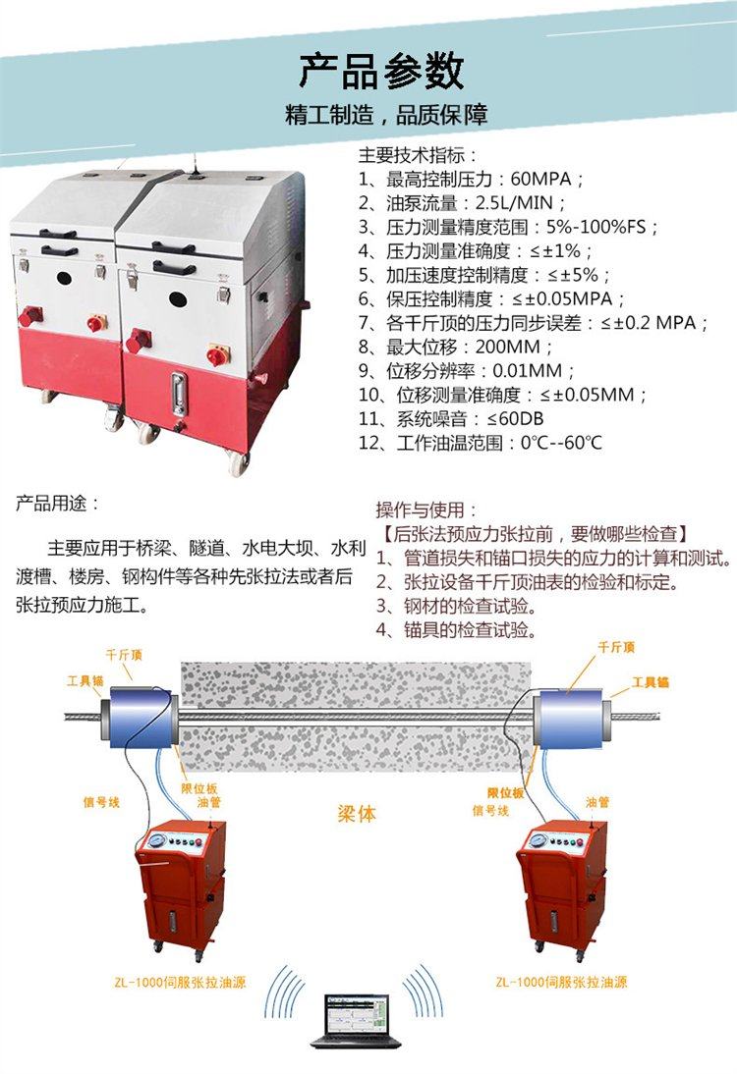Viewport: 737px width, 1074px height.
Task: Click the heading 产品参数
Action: click(x=381, y=72)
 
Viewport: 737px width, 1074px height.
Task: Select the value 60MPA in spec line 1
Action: click(x=540, y=180)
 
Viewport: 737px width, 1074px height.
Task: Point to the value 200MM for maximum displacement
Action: click(x=508, y=348)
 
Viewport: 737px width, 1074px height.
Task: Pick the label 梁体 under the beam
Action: click(x=357, y=814)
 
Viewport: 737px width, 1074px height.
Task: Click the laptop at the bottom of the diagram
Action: click(x=356, y=1021)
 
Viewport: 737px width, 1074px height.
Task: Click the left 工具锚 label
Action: click(x=85, y=680)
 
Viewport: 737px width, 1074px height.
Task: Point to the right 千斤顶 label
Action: click(x=616, y=647)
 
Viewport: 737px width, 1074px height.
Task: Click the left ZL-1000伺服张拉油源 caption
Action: click(x=180, y=983)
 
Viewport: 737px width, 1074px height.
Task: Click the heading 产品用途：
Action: click(x=58, y=504)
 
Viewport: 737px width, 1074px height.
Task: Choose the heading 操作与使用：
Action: click(x=425, y=510)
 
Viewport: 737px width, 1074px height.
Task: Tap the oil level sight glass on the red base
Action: click(x=179, y=393)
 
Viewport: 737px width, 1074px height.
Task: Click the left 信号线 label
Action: click(x=101, y=801)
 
